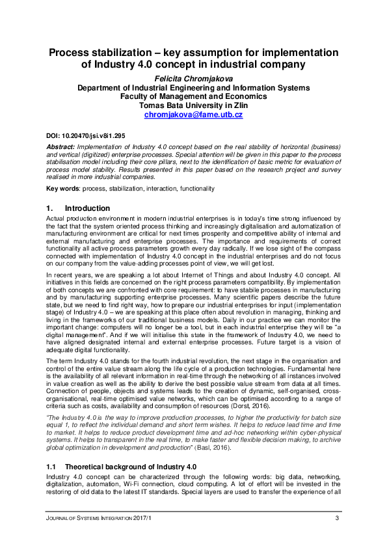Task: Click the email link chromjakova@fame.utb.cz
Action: (193, 115)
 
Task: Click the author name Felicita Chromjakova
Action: (193, 79)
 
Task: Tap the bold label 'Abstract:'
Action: (60, 146)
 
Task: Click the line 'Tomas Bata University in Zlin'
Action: (193, 105)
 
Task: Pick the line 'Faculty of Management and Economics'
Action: (193, 96)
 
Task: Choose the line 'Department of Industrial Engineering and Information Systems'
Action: (193, 88)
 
